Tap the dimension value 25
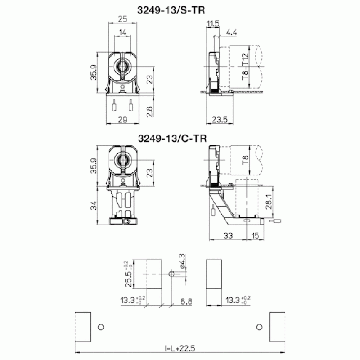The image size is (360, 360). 122,19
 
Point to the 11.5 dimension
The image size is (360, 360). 213,23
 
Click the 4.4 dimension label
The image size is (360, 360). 231,32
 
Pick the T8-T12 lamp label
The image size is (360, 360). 245,67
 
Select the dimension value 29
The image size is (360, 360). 122,120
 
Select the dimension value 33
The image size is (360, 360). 228,235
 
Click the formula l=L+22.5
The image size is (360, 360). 179,348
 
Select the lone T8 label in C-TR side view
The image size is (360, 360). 245,160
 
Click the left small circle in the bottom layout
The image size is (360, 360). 101,327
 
